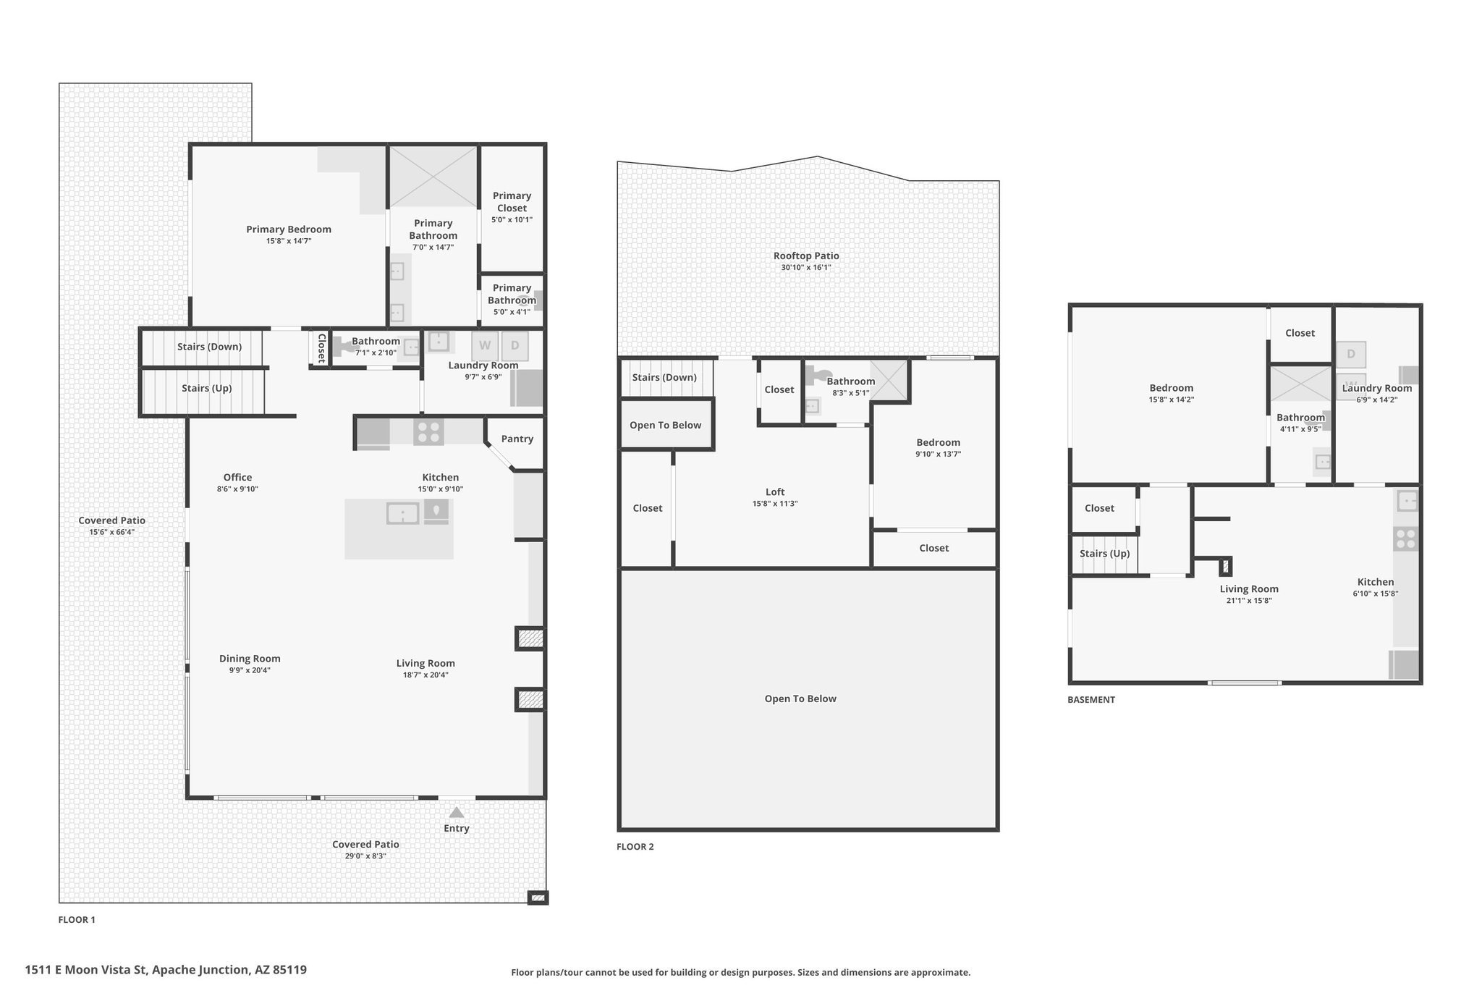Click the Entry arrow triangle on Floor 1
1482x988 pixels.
coord(456,812)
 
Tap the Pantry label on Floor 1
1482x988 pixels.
coord(517,439)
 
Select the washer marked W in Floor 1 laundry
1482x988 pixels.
coord(484,346)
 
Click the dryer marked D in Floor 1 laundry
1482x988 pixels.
coord(515,346)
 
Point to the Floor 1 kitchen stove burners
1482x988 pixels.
coord(428,432)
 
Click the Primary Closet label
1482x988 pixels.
coord(512,202)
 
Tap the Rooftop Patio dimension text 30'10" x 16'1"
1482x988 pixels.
coord(806,268)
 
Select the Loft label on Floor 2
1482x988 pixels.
coord(775,492)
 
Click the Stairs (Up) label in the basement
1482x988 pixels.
coord(1104,554)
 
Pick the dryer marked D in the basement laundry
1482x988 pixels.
coord(1350,355)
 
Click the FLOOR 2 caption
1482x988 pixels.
coord(635,847)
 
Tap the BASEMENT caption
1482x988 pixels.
coord(1091,700)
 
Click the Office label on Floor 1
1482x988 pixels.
coord(237,478)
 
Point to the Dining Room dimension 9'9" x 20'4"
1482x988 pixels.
coord(250,671)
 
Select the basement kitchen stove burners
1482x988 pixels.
coord(1405,539)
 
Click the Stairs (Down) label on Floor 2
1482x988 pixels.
coord(664,377)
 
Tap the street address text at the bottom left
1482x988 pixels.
coord(166,970)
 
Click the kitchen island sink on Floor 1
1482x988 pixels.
coord(403,513)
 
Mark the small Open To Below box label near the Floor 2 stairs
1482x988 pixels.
coord(665,425)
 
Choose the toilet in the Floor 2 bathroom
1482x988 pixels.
coord(817,375)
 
